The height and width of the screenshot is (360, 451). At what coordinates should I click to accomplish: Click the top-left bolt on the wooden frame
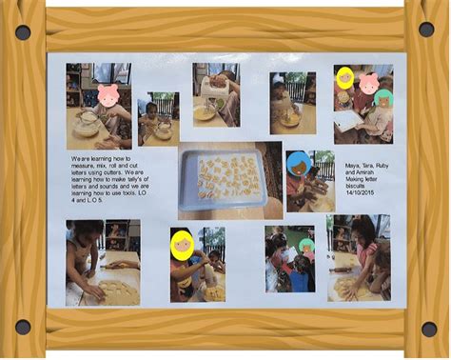click(x=23, y=31)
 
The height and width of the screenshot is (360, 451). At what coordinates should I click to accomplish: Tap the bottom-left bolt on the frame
click(x=23, y=327)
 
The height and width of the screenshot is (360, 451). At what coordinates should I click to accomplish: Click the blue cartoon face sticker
click(x=298, y=162)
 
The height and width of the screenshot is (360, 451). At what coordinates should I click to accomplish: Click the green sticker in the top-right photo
click(x=383, y=97)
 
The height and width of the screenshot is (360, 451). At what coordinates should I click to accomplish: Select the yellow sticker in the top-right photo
click(x=344, y=78)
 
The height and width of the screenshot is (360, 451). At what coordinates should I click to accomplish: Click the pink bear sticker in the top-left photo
click(x=108, y=95)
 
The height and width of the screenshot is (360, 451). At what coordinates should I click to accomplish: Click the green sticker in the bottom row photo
click(x=306, y=246)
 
